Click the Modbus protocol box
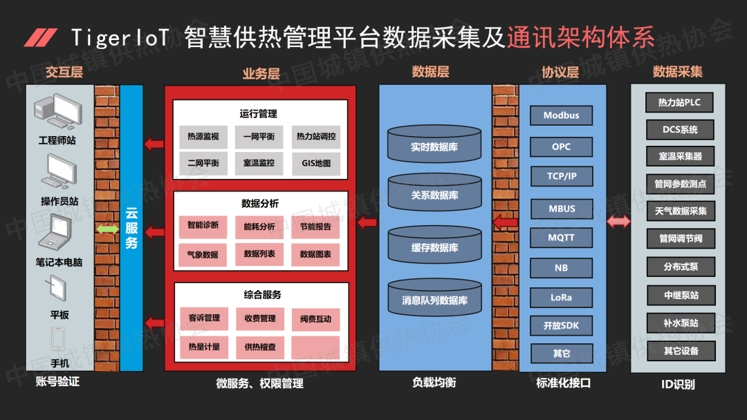(x=561, y=115)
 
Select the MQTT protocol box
(x=561, y=238)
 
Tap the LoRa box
(x=561, y=298)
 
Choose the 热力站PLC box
(x=679, y=102)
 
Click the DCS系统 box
(x=679, y=129)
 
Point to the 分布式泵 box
(x=679, y=267)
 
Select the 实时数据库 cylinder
(x=434, y=144)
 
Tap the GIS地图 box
(x=316, y=164)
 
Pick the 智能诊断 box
(x=203, y=225)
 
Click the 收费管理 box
(x=259, y=318)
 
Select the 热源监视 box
(x=203, y=137)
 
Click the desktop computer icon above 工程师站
(x=57, y=111)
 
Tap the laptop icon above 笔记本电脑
(x=58, y=233)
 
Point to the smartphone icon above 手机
(x=58, y=338)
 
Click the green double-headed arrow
(x=107, y=229)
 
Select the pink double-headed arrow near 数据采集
(x=618, y=222)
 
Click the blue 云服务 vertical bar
(x=131, y=228)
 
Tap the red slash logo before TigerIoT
(x=41, y=38)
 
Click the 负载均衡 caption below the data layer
(x=434, y=382)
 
